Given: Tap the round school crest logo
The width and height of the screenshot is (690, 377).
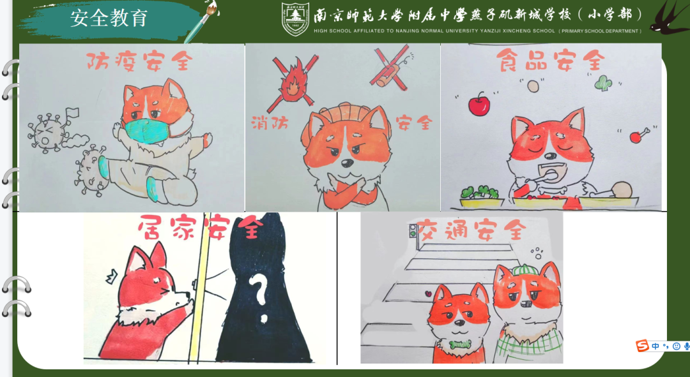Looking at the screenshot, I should point(295,19).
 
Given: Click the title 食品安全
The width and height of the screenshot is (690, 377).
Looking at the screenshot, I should point(550,61).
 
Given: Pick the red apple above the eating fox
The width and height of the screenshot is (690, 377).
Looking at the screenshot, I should point(479,105).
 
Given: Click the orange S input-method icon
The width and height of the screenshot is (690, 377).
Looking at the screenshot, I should point(642,346).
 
